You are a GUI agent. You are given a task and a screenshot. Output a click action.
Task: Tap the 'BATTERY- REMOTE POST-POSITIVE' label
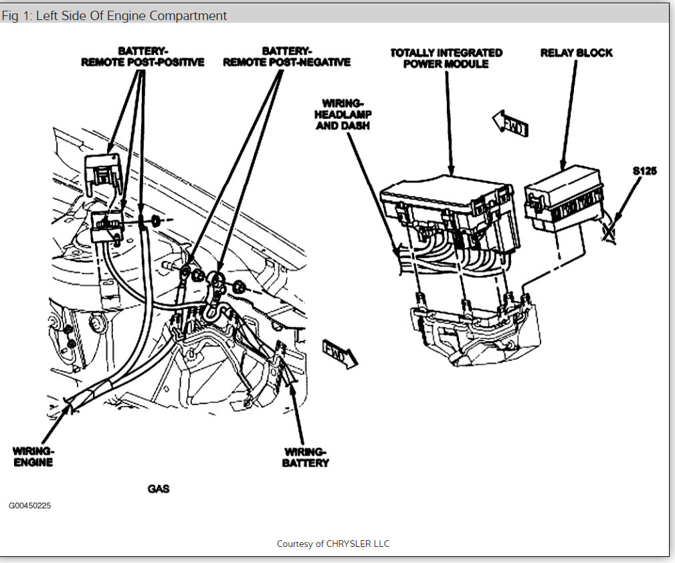pyautogui.click(x=142, y=56)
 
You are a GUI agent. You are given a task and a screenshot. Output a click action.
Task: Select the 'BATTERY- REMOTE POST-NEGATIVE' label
pyautogui.click(x=286, y=56)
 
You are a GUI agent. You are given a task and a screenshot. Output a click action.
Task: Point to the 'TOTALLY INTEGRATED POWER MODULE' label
pyautogui.click(x=446, y=58)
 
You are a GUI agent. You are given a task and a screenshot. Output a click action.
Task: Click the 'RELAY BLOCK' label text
pyautogui.click(x=576, y=53)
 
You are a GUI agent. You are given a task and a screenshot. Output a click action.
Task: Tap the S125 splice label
pyautogui.click(x=644, y=171)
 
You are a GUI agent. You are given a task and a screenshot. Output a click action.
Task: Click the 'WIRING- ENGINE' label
pyautogui.click(x=33, y=456)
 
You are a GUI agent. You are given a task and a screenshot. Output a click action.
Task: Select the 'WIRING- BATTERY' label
pyautogui.click(x=305, y=457)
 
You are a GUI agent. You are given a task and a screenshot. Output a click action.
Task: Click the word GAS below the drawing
pyautogui.click(x=159, y=489)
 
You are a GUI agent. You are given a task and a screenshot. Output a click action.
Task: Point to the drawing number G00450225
pyautogui.click(x=29, y=505)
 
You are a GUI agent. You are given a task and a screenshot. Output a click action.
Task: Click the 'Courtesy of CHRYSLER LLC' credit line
pyautogui.click(x=333, y=544)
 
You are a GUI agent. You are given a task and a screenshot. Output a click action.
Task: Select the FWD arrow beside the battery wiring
pyautogui.click(x=340, y=352)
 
